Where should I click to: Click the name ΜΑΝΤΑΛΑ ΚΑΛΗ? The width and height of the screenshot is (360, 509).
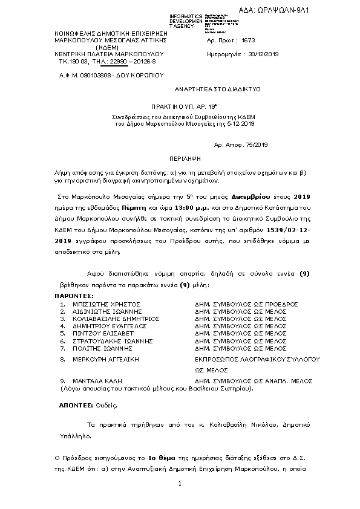tap(97, 382)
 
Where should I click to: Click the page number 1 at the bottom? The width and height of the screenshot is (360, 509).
tap(180, 485)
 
